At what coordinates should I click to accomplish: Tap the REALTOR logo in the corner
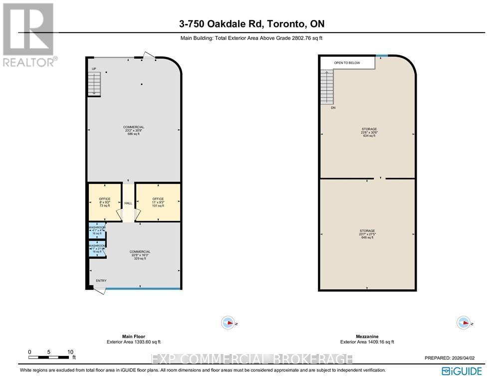(x=28, y=35)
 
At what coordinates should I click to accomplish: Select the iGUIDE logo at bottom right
(x=462, y=371)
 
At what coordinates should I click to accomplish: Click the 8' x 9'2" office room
(x=105, y=202)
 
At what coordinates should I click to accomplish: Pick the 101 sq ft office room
(x=157, y=202)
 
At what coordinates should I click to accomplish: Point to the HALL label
(x=128, y=203)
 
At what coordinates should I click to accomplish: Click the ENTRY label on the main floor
(x=101, y=280)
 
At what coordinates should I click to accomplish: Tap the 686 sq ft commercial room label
(x=134, y=130)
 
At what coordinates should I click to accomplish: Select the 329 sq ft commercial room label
(x=140, y=255)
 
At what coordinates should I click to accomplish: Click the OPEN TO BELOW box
(x=347, y=63)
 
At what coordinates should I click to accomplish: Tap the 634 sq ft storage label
(x=369, y=132)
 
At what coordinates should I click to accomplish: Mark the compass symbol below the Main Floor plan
(x=228, y=323)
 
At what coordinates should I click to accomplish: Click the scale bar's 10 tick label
(x=70, y=352)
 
